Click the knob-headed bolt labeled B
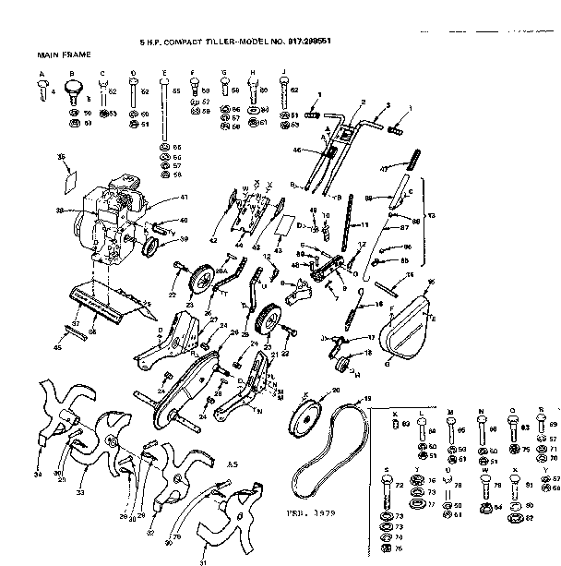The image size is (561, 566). coord(73,89)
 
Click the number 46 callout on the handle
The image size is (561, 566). coord(297,150)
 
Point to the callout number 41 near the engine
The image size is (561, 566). coord(184,197)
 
